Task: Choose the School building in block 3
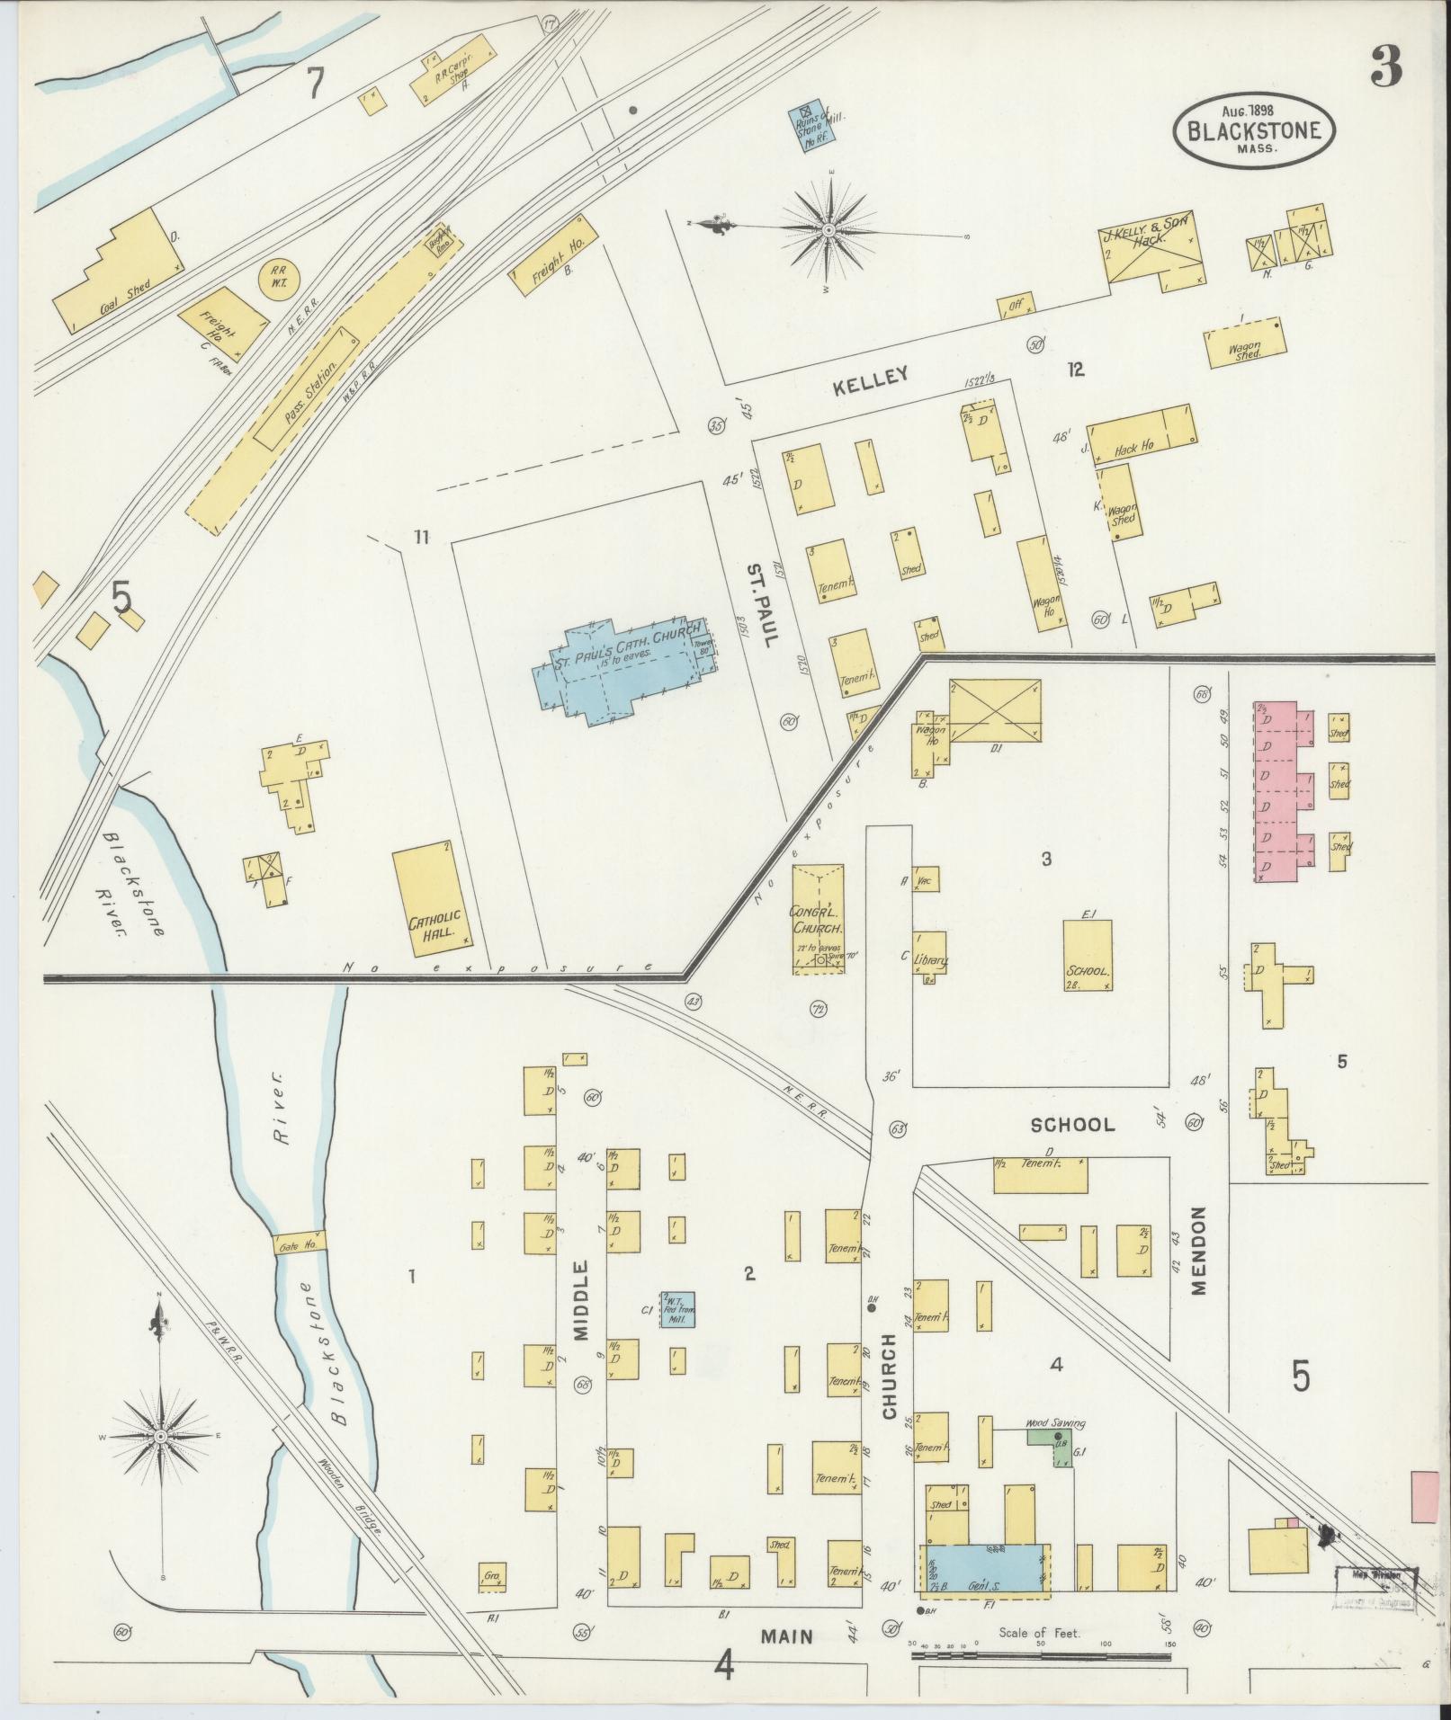1088,955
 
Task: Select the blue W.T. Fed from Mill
676,1311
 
